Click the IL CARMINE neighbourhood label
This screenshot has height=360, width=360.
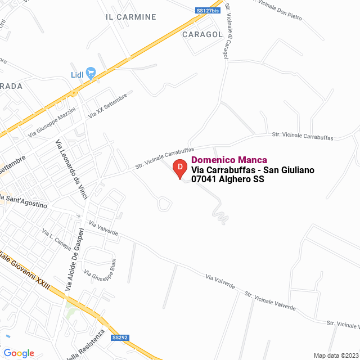click(131, 17)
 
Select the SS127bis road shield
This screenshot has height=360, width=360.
click(208, 10)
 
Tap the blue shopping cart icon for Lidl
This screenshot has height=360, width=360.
click(91, 73)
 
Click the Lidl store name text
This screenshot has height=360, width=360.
click(77, 75)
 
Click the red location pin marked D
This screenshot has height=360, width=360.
click(179, 168)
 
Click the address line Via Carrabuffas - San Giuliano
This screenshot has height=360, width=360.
click(253, 170)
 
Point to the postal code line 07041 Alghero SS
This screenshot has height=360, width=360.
click(228, 179)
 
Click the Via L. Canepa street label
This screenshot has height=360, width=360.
click(56, 239)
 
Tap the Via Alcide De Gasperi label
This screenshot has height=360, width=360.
click(75, 259)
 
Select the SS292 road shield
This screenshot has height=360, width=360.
click(120, 337)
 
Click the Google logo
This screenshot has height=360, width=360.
click(19, 353)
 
